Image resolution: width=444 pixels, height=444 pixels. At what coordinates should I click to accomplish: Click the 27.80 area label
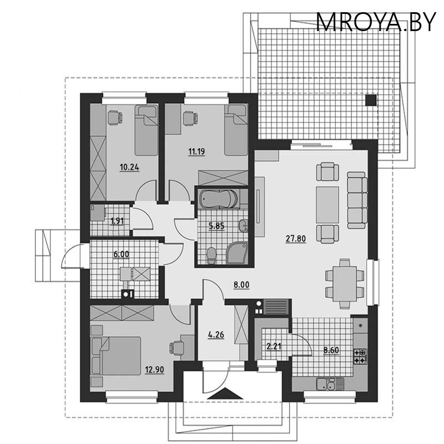pyautogui.click(x=296, y=239)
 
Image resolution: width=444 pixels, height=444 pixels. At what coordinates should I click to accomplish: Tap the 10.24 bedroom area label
pyautogui.click(x=129, y=168)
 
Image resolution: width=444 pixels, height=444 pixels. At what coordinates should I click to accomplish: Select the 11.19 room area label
pyautogui.click(x=196, y=152)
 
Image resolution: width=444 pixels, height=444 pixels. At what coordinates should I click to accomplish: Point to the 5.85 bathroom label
pyautogui.click(x=216, y=226)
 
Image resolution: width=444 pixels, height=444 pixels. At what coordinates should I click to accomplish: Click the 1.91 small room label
pyautogui.click(x=117, y=221)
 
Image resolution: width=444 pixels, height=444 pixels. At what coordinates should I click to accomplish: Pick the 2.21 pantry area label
pyautogui.click(x=274, y=346)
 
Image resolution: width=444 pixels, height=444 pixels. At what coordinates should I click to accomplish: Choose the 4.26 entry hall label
pyautogui.click(x=216, y=335)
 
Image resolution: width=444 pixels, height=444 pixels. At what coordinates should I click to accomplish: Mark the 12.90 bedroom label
pyautogui.click(x=154, y=370)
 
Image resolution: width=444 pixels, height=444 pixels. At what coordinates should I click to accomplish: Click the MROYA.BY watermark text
pyautogui.click(x=376, y=22)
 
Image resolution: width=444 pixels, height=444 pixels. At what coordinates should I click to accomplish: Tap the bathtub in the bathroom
pyautogui.click(x=218, y=199)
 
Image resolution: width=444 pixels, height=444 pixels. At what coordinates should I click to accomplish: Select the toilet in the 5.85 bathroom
pyautogui.click(x=211, y=256)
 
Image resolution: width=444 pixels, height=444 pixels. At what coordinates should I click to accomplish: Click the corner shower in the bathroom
pyautogui.click(x=237, y=253)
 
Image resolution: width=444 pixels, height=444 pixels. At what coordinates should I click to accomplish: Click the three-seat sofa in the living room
pyautogui.click(x=357, y=200)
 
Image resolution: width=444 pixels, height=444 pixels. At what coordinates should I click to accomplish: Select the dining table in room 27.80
pyautogui.click(x=345, y=284)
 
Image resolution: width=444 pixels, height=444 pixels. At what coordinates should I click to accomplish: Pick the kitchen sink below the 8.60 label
pyautogui.click(x=330, y=384)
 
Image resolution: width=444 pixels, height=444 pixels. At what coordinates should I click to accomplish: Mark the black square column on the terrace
pyautogui.click(x=371, y=100)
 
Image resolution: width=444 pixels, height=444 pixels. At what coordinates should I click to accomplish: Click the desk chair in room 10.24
pyautogui.click(x=115, y=118)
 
